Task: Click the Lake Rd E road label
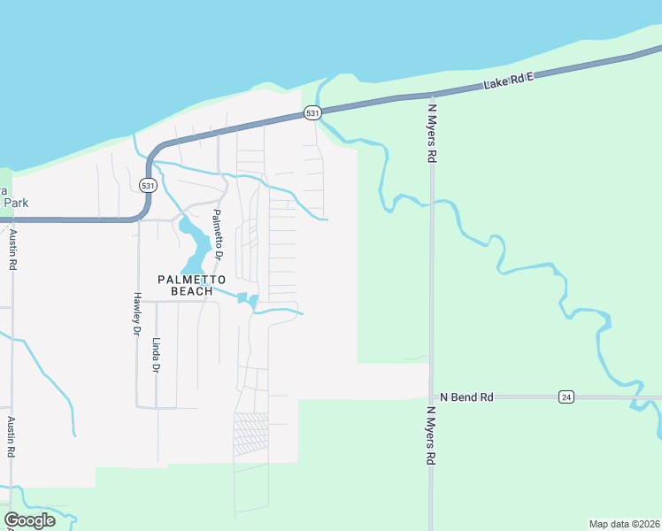point(511,81)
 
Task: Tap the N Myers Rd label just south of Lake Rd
point(433,133)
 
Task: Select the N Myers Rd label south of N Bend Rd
point(433,435)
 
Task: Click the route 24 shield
point(566,397)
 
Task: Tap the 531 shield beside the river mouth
point(312,113)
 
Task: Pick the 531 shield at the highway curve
point(148,185)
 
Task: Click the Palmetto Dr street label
point(218,234)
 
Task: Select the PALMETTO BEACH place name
point(186,285)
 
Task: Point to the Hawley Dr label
point(137,314)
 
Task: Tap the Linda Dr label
point(157,355)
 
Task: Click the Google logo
point(30,520)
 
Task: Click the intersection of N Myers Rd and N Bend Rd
point(431,397)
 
